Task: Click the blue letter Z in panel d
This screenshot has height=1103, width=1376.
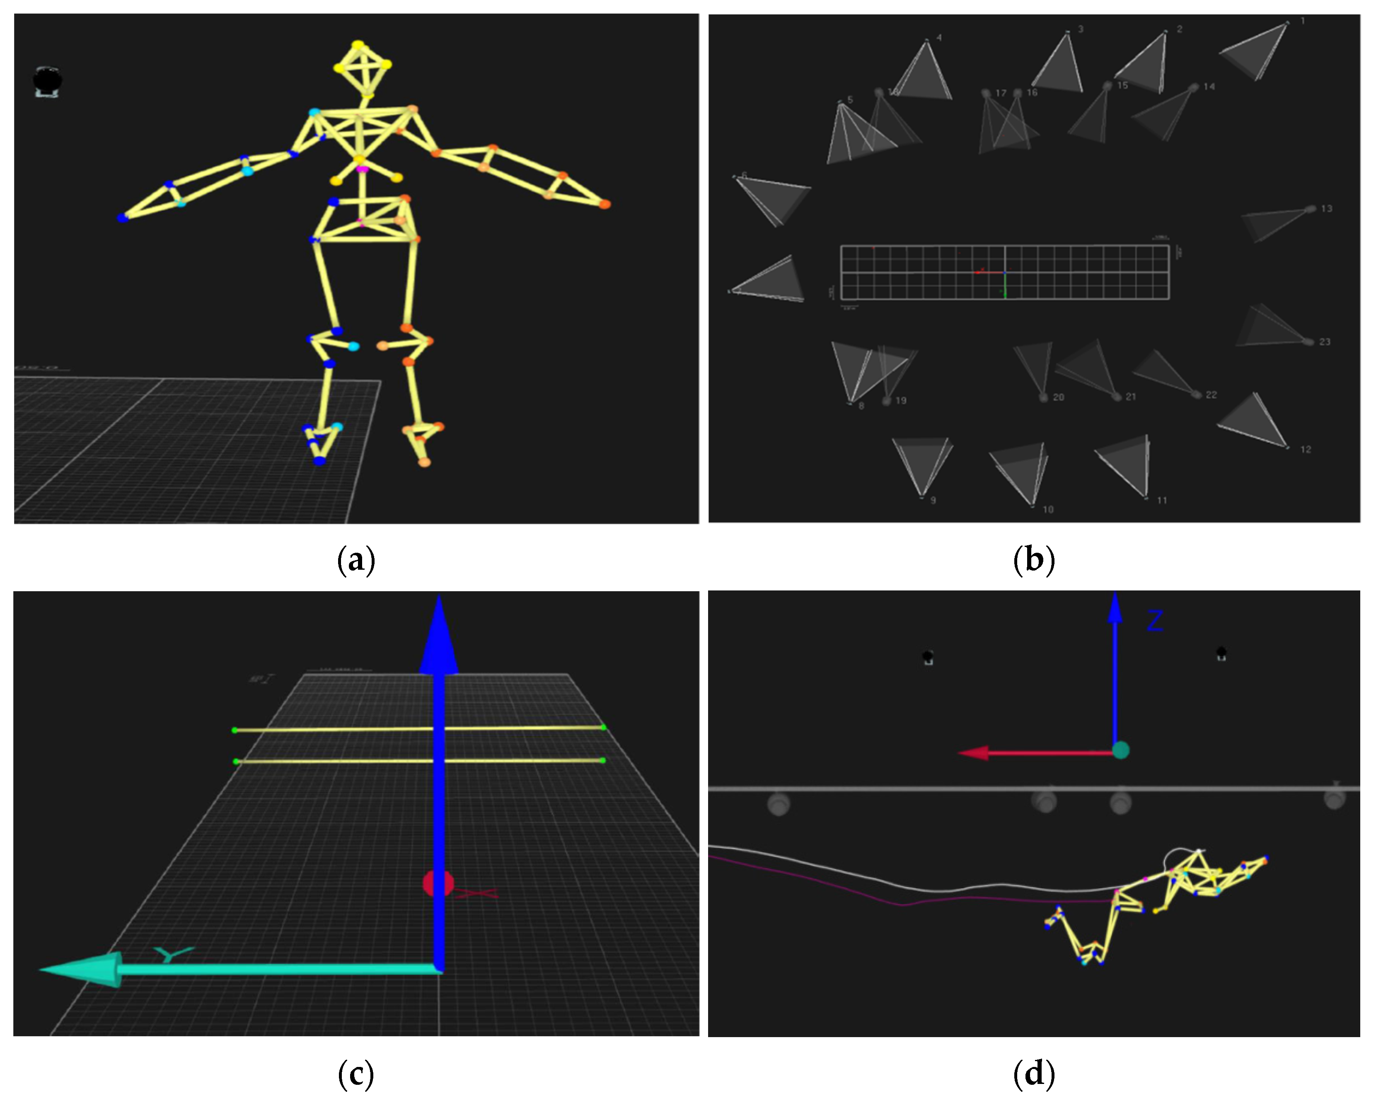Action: point(1154,621)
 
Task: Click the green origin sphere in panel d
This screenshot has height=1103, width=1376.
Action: point(1121,750)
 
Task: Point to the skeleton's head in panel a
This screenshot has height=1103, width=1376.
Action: point(362,67)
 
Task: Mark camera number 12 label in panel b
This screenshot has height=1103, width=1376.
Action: point(1306,450)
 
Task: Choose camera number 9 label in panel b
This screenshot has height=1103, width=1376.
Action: point(933,501)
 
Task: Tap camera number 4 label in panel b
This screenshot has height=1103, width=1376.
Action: point(939,38)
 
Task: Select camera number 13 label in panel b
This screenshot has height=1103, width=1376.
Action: point(1327,209)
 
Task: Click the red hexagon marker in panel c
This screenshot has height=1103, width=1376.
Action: point(438,884)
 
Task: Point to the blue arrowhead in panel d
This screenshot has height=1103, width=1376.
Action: point(1115,609)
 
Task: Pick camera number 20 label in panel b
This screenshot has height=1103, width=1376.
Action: point(1058,397)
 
